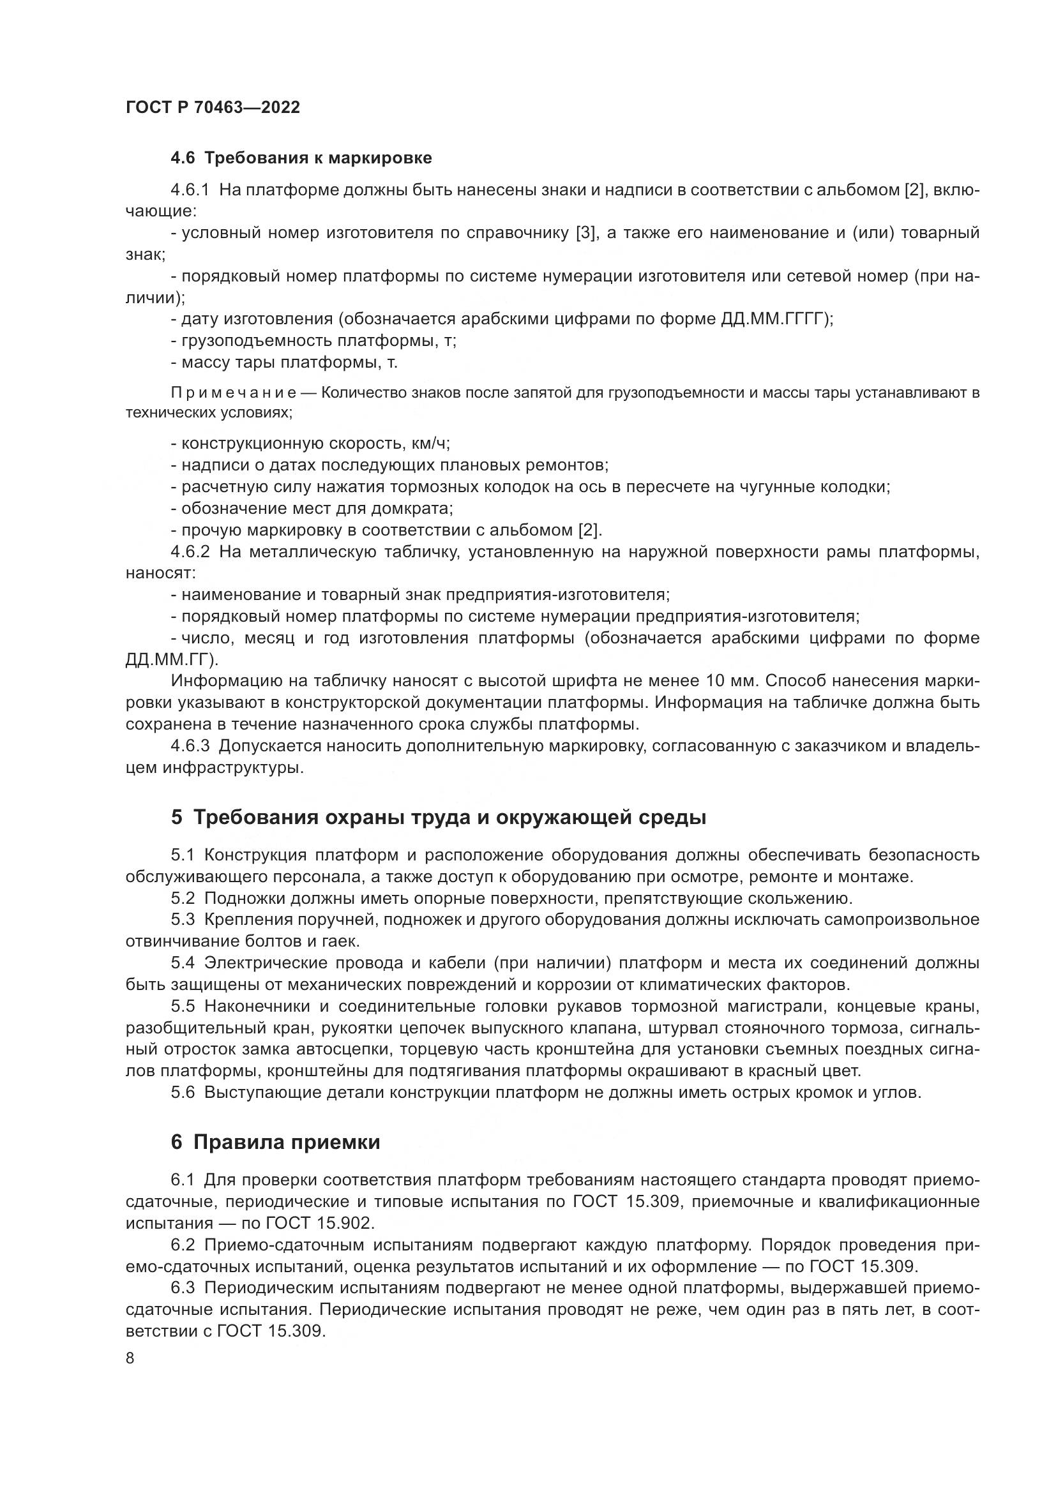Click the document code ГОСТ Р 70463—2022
pyautogui.click(x=213, y=108)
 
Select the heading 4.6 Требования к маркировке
pyautogui.click(x=301, y=158)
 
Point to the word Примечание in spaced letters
pyautogui.click(x=234, y=393)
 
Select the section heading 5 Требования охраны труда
pyautogui.click(x=438, y=818)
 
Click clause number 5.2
pyautogui.click(x=183, y=899)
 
